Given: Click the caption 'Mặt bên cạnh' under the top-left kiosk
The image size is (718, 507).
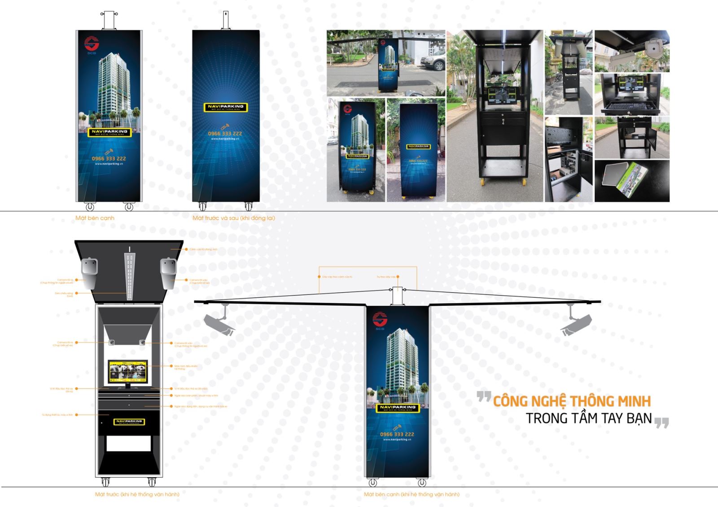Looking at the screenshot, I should tap(95, 218).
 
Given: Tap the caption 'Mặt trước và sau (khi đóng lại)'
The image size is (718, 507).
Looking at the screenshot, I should tap(233, 218).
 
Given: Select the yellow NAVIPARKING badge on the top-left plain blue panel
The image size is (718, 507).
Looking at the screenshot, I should tap(226, 108).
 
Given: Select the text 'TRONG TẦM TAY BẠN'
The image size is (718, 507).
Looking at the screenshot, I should tap(588, 418).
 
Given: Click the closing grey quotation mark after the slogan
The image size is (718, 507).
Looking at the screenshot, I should tap(661, 423).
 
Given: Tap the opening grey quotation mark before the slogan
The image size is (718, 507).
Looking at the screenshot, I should tap(484, 397).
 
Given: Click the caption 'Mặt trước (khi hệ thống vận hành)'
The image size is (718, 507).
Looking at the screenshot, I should tap(137, 494).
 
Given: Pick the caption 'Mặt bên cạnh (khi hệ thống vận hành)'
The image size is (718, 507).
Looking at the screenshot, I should tap(411, 494).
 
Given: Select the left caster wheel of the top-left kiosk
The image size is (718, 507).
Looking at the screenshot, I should tap(90, 207).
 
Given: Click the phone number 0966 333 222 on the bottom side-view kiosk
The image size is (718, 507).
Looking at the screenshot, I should tap(397, 434).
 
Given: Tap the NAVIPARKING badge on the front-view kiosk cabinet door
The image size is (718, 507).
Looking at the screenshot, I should tap(129, 422).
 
